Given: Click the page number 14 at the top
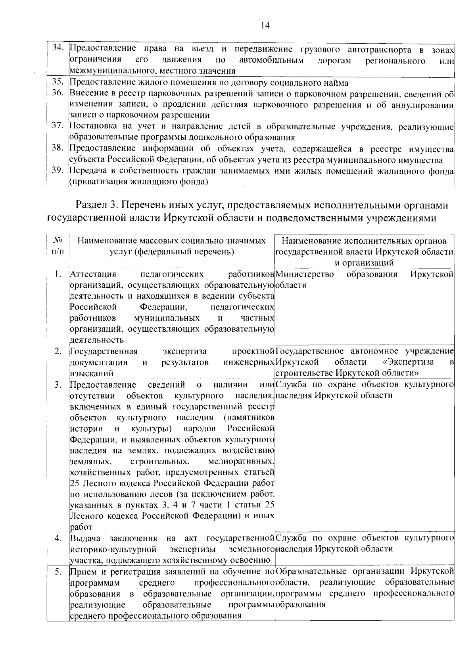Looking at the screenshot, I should [265, 25].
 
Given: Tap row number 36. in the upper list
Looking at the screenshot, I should [58, 93].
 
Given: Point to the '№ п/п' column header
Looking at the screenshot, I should [58, 246].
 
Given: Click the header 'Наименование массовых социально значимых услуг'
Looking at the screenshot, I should [171, 246].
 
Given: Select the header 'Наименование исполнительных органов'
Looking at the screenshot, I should [364, 241].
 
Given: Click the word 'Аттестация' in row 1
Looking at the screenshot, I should [93, 274].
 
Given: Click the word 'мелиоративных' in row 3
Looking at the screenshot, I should [241, 461].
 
